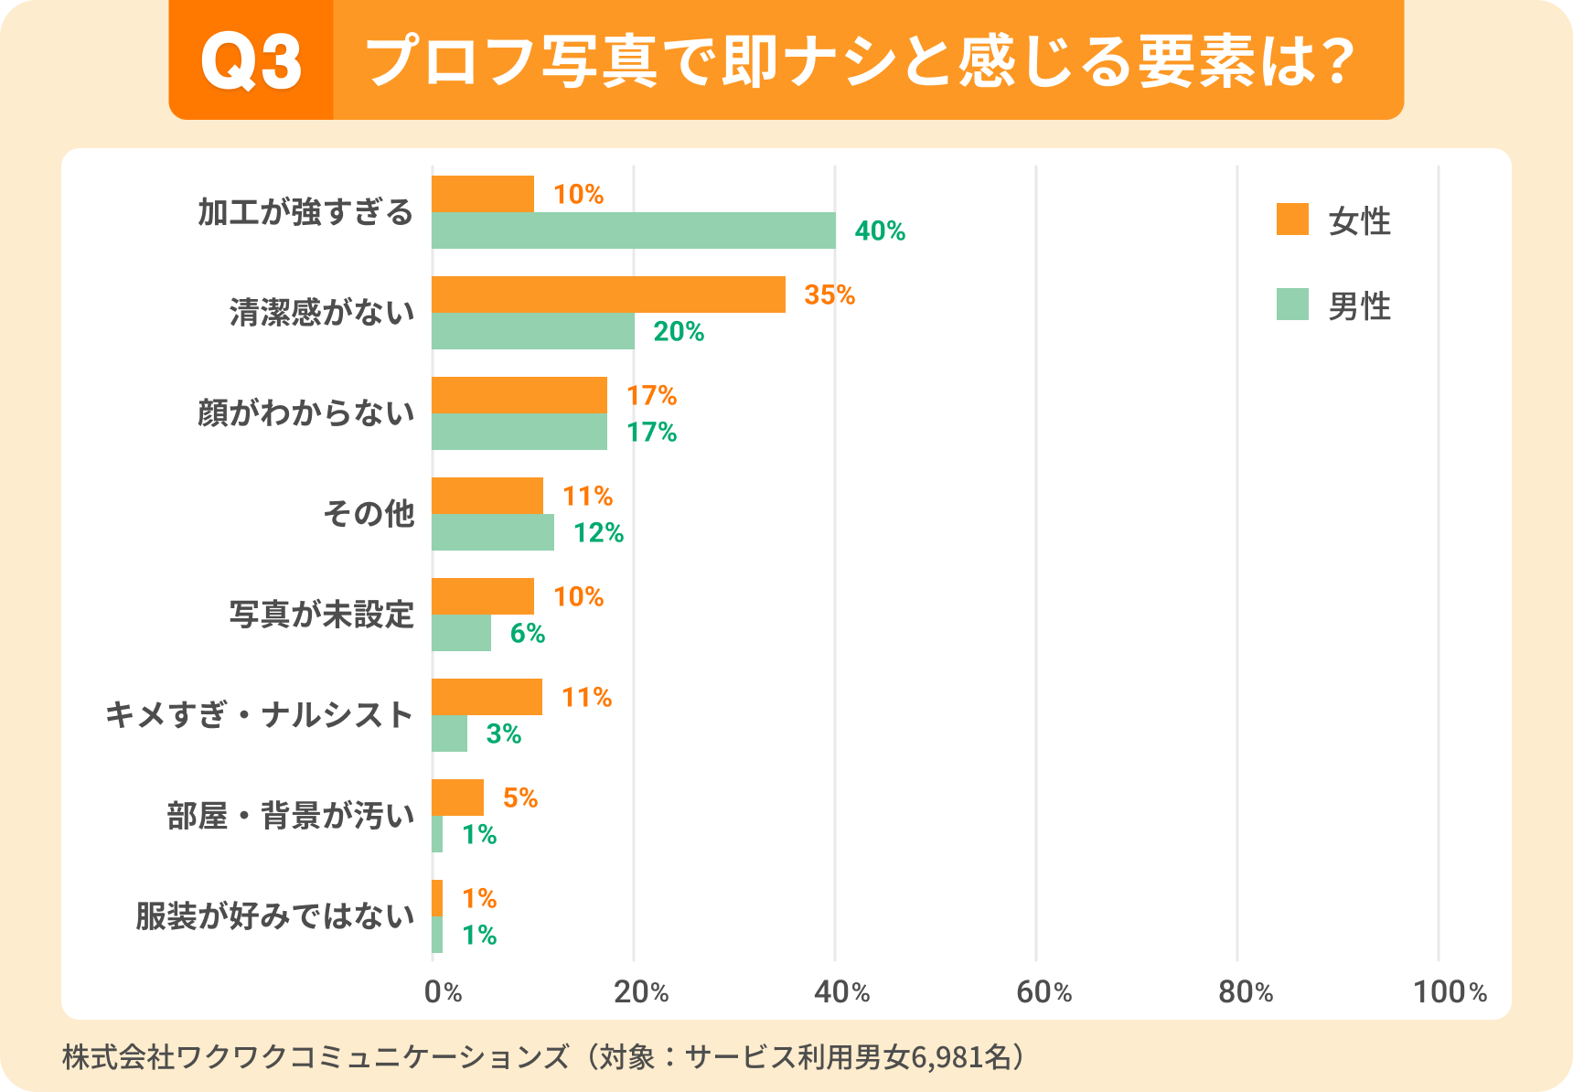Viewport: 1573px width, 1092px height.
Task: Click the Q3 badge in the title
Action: (251, 61)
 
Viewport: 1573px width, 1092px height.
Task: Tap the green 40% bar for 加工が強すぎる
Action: (633, 230)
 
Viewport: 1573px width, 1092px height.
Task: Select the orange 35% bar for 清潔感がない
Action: (608, 294)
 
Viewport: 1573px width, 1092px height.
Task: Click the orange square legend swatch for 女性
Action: (1292, 219)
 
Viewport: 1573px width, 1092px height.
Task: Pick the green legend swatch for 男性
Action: (1292, 305)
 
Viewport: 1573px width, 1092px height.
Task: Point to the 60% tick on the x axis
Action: (1043, 991)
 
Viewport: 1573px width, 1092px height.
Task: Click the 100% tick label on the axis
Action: (1450, 991)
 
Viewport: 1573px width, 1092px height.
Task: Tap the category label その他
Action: (369, 514)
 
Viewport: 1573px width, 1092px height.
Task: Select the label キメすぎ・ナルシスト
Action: (260, 715)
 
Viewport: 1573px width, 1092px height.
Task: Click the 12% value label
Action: (598, 532)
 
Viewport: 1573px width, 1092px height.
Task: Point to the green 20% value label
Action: (679, 331)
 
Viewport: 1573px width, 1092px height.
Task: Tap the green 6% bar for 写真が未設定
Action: (461, 633)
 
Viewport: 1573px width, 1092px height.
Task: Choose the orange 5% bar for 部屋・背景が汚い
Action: (457, 798)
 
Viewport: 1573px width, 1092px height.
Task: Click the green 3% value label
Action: (503, 733)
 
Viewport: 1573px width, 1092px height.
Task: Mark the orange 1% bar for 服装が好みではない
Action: (437, 898)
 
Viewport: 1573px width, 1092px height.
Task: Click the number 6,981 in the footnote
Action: (949, 1057)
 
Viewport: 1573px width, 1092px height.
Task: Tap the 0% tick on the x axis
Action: (443, 991)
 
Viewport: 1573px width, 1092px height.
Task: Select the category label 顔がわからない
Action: (305, 413)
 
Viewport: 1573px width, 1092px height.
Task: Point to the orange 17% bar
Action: (519, 395)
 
